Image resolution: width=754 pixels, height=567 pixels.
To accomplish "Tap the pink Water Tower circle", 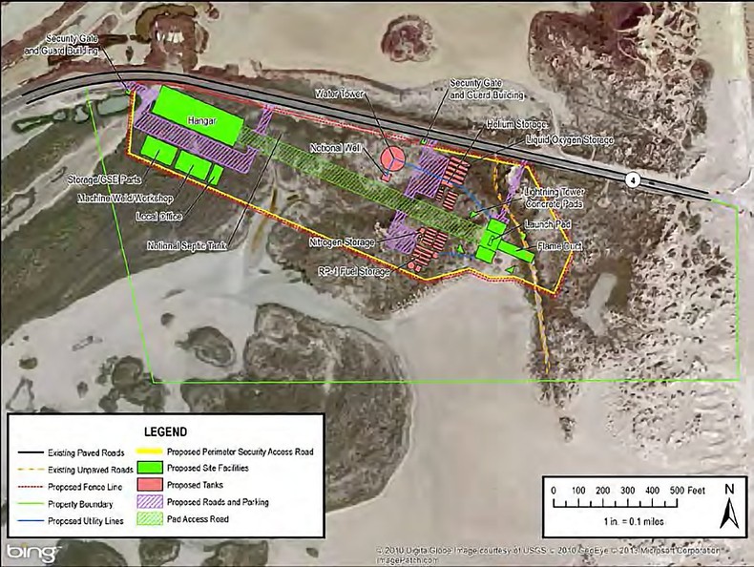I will click(x=391, y=157).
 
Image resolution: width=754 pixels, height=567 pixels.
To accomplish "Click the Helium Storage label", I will click(x=489, y=124).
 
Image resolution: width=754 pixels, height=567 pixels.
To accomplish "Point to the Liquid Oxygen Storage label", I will click(x=569, y=141).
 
